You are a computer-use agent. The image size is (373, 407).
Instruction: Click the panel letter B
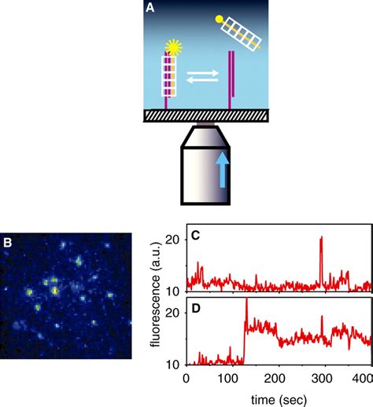pos(9,243)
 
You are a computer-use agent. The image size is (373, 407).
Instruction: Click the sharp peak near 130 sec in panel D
pos(246,302)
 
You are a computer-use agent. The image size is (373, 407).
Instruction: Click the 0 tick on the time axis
pos(186,377)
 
